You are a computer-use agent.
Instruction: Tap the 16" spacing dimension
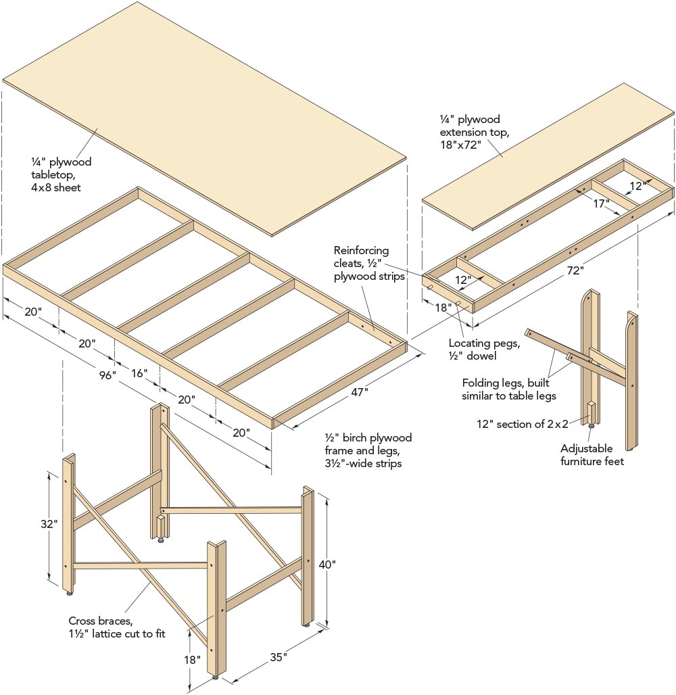pyautogui.click(x=139, y=372)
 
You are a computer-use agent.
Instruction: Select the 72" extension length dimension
pyautogui.click(x=575, y=270)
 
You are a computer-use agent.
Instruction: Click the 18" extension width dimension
pyautogui.click(x=443, y=307)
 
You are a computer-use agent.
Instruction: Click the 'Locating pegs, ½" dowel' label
pyautogui.click(x=484, y=350)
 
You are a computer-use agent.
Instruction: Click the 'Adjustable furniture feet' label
pyautogui.click(x=586, y=454)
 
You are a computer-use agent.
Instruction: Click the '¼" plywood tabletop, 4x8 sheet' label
pyautogui.click(x=61, y=174)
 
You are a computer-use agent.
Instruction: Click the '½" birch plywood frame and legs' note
pyautogui.click(x=368, y=450)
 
